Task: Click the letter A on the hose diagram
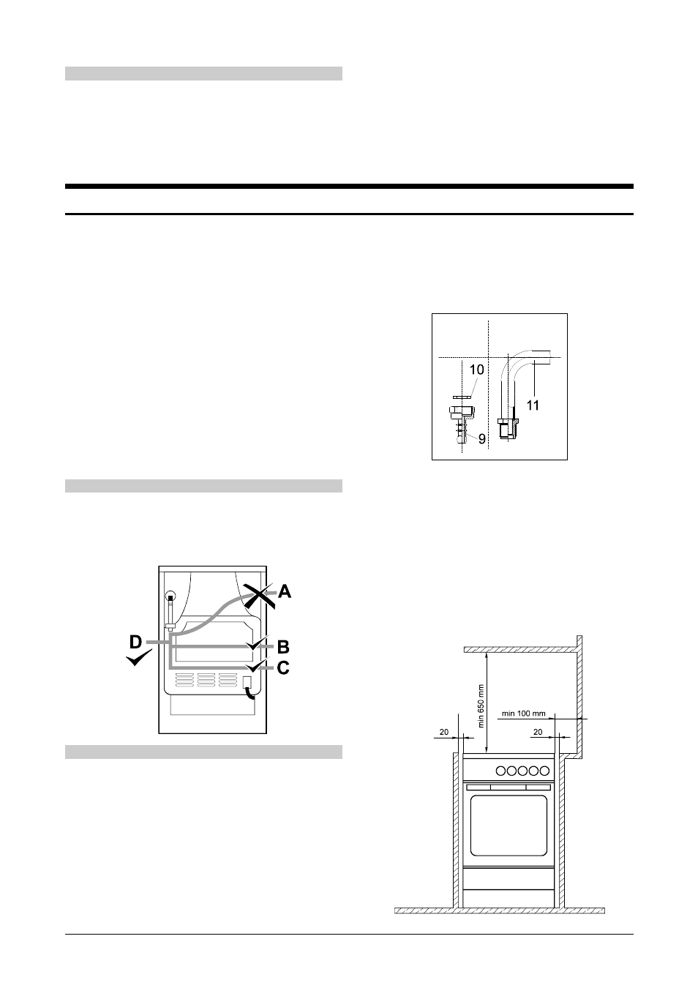(x=285, y=591)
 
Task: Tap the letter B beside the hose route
(x=283, y=647)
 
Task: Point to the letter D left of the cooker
(x=136, y=643)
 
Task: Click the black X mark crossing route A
(x=260, y=596)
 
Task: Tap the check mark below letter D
(x=139, y=659)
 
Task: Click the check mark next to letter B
(x=257, y=643)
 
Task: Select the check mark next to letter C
(x=257, y=665)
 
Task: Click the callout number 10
(x=476, y=370)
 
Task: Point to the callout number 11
(x=533, y=405)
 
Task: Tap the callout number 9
(x=482, y=439)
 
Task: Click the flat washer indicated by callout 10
(x=462, y=397)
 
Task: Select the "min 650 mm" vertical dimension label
(x=481, y=706)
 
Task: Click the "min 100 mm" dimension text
(x=523, y=714)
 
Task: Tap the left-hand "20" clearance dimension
(x=444, y=732)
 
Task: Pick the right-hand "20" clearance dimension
(x=538, y=732)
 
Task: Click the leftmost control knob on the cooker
(x=501, y=771)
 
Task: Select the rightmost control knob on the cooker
(x=544, y=771)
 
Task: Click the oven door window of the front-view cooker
(x=509, y=826)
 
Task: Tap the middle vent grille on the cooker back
(x=206, y=680)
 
